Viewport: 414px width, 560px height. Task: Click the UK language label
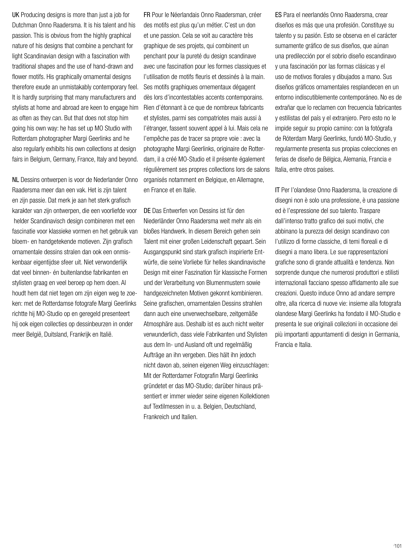pos(16,15)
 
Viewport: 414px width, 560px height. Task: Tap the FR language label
pos(147,15)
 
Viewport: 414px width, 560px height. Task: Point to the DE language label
pos(147,211)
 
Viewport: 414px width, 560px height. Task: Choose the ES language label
pos(278,15)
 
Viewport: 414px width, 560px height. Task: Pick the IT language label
pos(277,190)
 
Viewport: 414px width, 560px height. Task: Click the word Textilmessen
pos(169,407)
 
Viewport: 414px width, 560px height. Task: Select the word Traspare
pos(370,211)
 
